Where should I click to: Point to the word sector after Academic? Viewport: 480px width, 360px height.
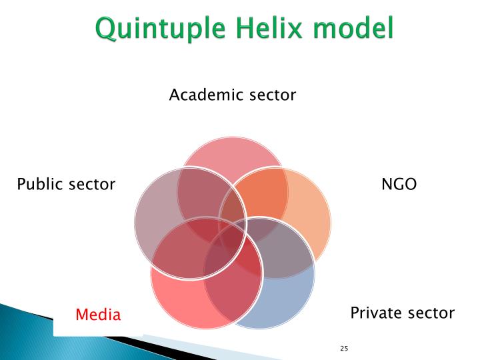click(x=272, y=95)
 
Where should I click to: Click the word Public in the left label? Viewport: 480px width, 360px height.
click(x=40, y=184)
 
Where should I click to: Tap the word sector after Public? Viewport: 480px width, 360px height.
click(x=91, y=185)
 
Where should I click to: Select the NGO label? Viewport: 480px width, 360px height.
click(x=399, y=184)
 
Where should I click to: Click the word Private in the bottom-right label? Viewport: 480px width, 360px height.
click(x=375, y=312)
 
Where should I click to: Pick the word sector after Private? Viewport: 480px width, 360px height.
click(x=430, y=313)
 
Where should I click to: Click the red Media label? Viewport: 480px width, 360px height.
click(x=97, y=314)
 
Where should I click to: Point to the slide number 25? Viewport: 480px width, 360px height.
click(x=344, y=349)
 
